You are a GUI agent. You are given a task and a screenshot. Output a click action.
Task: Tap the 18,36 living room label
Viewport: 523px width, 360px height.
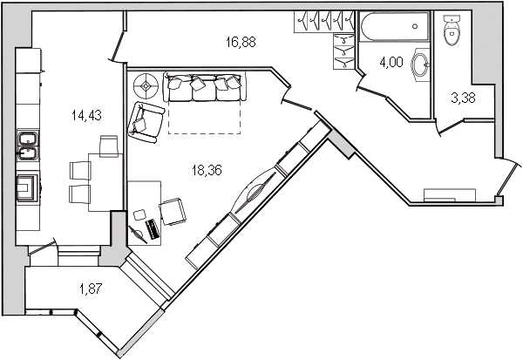click(x=207, y=170)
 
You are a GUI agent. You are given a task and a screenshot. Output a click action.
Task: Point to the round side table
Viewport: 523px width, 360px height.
click(x=146, y=85)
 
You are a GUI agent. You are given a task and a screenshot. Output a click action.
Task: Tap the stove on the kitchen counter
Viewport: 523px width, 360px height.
click(x=28, y=187)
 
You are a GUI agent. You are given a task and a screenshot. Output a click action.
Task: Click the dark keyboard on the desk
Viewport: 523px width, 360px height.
click(x=153, y=228)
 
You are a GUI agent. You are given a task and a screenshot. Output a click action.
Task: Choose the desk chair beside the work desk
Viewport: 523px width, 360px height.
click(x=172, y=210)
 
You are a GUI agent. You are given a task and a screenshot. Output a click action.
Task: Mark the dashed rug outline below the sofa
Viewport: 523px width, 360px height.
click(x=205, y=118)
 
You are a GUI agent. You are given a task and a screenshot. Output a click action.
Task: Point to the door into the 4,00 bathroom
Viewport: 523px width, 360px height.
click(x=370, y=80)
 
